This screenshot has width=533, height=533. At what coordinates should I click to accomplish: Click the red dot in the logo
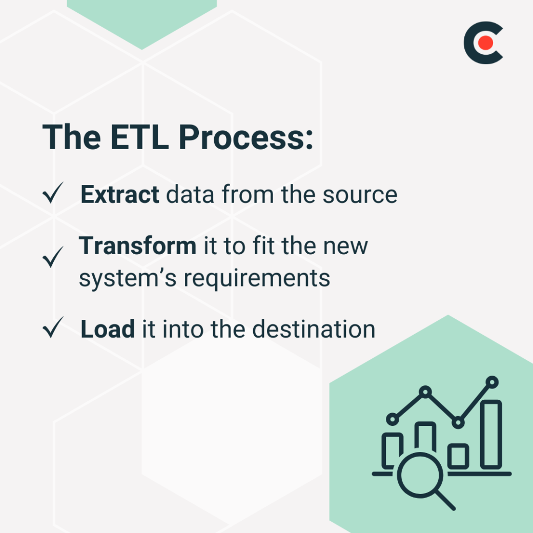[486, 44]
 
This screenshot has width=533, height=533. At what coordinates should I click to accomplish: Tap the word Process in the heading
[244, 137]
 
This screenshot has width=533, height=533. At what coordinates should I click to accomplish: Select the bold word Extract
[119, 195]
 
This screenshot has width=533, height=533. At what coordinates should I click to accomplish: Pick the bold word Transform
[137, 245]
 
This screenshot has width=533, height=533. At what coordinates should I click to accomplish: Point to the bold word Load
[108, 329]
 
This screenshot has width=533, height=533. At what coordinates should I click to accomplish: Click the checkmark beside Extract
[53, 195]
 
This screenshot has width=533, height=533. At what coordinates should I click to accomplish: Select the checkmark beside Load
[53, 328]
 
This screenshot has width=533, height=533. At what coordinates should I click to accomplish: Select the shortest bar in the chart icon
[458, 456]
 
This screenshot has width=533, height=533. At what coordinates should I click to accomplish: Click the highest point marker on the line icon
[492, 382]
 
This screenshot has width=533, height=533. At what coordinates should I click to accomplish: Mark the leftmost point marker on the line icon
[392, 419]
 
